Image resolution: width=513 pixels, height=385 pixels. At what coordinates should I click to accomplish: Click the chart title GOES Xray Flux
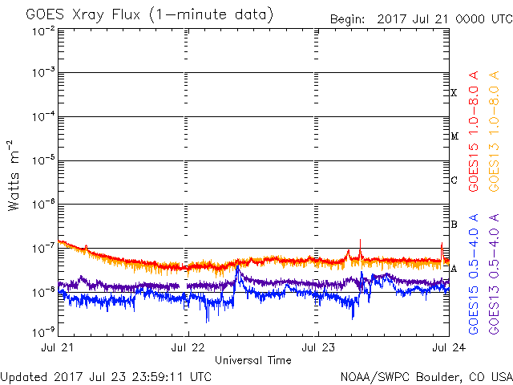pos(149,15)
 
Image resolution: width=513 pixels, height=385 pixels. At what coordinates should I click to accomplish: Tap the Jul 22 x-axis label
pos(188,348)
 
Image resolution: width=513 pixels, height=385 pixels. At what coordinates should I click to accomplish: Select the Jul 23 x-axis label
pos(318,348)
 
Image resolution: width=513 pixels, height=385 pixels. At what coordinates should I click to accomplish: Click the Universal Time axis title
pos(252,360)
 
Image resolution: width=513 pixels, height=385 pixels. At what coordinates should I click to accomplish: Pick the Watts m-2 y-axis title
pos(14,175)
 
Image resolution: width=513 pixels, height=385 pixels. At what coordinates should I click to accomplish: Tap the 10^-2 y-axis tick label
pos(43,31)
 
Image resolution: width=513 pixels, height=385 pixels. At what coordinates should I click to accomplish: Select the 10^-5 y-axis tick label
pos(43,160)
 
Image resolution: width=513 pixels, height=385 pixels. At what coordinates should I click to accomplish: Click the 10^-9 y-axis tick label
pos(43,331)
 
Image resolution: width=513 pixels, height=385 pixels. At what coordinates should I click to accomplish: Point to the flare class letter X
pos(454,93)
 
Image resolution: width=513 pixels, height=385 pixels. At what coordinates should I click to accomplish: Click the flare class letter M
pos(454,136)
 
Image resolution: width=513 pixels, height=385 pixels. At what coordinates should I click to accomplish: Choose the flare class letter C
pos(454,180)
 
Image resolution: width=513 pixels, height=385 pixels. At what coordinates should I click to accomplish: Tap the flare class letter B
pos(454,224)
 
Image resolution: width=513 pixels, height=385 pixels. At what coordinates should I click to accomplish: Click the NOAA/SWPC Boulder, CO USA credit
pos(426,375)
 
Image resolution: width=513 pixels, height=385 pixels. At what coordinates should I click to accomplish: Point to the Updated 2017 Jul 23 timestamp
pos(107,375)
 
